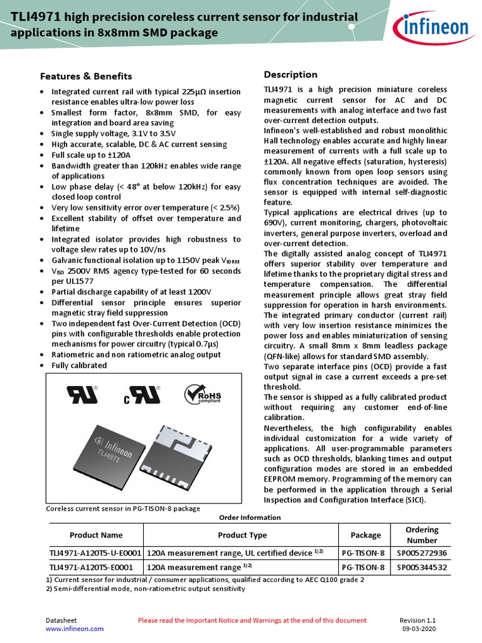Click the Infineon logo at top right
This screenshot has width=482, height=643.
[x=431, y=27]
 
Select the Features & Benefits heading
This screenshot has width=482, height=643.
[x=86, y=77]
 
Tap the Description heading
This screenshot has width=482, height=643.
[x=291, y=75]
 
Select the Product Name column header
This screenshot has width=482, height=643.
[x=95, y=535]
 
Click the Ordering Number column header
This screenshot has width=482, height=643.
[x=422, y=535]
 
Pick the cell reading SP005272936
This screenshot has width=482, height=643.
[x=422, y=553]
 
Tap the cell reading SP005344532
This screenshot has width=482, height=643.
[x=422, y=567]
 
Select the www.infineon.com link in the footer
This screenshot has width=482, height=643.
[x=71, y=629]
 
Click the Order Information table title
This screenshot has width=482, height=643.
[x=249, y=517]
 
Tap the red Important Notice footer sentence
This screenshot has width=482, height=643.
[x=252, y=620]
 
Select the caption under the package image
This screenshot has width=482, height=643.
[x=124, y=508]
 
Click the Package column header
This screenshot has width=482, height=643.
[x=365, y=535]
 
